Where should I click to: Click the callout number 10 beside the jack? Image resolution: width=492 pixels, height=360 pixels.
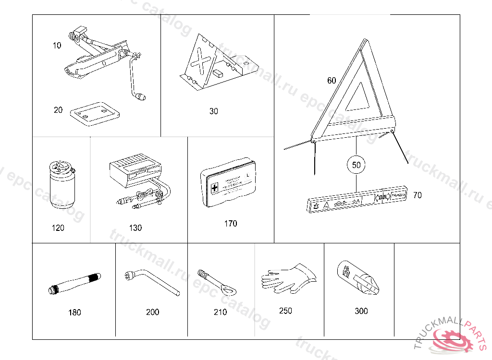coord(57,46)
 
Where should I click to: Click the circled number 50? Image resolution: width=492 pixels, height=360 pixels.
coord(356,165)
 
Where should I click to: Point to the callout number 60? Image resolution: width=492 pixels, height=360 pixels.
coord(332,81)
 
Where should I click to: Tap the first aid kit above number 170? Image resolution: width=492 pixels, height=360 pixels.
coord(230,182)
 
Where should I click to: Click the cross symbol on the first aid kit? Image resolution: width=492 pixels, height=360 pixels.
coord(215,186)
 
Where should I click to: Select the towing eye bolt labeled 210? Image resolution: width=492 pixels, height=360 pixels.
coord(219,283)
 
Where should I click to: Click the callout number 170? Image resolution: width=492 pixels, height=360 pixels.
coord(231,223)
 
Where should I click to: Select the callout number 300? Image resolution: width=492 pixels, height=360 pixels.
coord(361,311)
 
